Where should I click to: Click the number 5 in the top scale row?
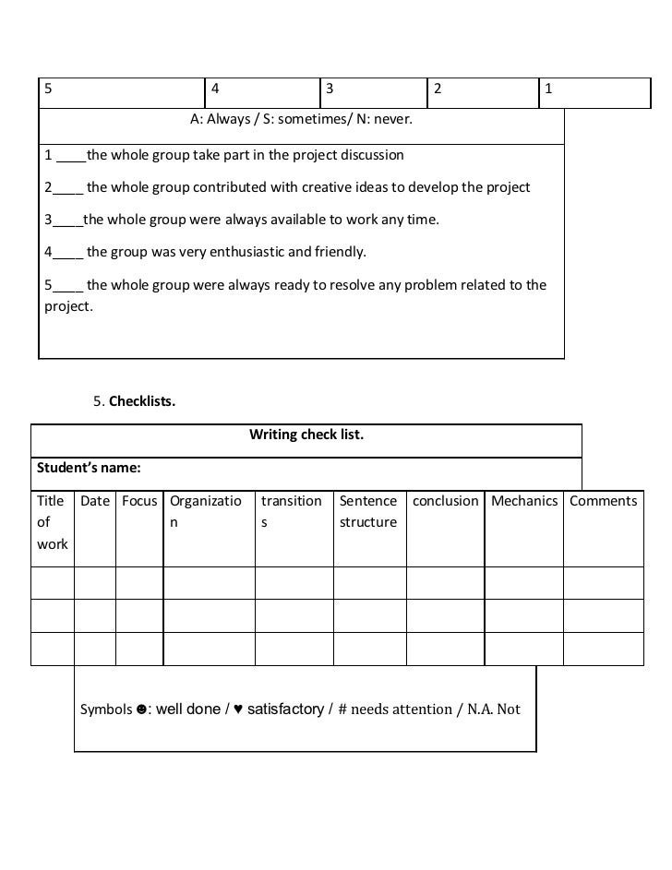point(47,89)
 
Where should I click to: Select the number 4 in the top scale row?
point(215,89)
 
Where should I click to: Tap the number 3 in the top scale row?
point(328,89)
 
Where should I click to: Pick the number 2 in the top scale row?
point(438,89)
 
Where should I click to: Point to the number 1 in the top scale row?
point(548,89)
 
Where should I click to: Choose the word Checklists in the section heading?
point(142,401)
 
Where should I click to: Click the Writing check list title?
point(306,434)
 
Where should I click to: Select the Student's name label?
point(89,468)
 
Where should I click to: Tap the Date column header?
point(95,501)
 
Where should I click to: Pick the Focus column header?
point(139,501)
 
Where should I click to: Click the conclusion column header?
point(445,501)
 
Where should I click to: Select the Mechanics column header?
point(524,501)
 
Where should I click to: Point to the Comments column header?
point(604,501)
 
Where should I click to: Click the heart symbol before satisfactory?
point(238,709)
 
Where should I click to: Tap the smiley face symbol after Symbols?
point(141,709)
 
